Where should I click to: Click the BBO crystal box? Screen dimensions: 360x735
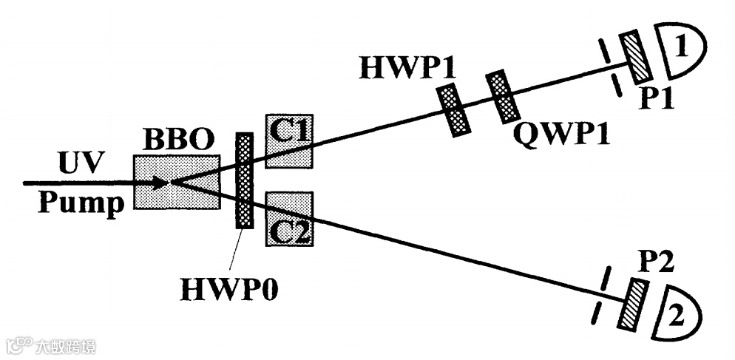click(x=176, y=182)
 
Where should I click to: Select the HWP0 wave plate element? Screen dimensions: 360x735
click(x=243, y=180)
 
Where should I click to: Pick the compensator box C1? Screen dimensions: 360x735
click(x=290, y=140)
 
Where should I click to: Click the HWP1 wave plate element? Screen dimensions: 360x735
click(x=454, y=109)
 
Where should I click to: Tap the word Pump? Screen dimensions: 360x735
click(x=81, y=203)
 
